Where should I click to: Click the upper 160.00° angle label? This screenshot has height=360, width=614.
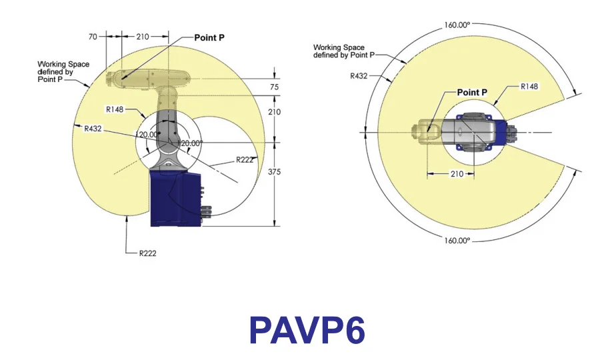coord(457,25)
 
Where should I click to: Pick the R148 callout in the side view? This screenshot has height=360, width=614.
coord(115,109)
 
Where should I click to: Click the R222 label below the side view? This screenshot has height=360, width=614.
coord(147,253)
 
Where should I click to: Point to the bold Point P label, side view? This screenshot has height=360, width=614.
coord(209,38)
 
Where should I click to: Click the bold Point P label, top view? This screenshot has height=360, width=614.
coord(472,92)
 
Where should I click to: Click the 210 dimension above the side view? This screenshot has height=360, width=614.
coord(143,37)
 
